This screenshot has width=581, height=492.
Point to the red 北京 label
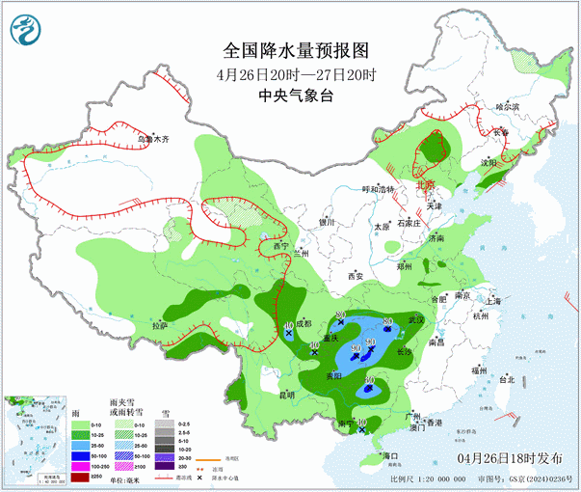425,184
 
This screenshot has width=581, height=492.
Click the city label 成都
304,324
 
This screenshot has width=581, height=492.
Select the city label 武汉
415,319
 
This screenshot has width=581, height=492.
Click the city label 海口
389,454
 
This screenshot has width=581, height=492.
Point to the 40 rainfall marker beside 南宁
361,423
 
